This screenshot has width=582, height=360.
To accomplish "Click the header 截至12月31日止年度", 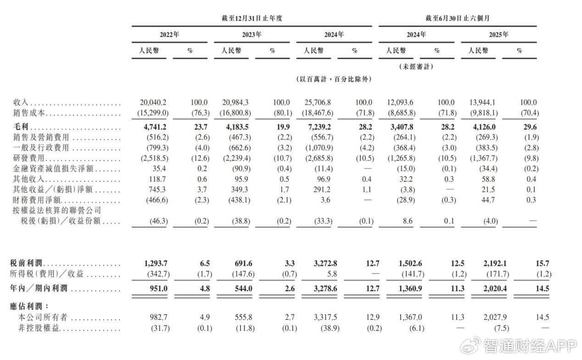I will pyautogui.click(x=251, y=18).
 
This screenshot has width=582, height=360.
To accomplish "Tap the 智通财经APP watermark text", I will pyautogui.click(x=531, y=346).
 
